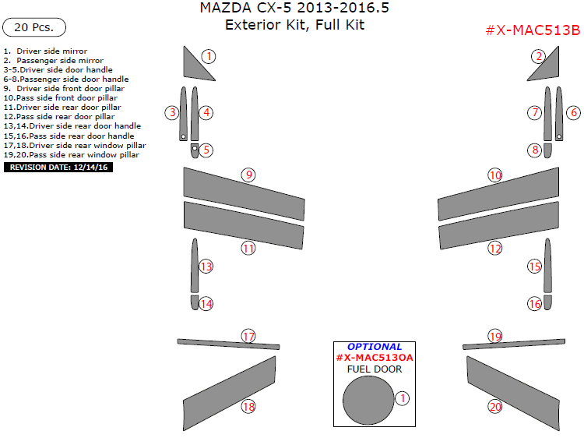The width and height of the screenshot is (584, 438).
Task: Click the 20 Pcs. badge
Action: (34, 27)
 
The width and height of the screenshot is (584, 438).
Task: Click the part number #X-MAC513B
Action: (532, 30)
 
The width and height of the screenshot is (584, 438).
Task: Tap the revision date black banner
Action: (59, 167)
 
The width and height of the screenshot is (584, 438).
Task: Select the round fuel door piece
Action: (368, 399)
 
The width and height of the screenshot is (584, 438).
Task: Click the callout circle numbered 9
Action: (248, 175)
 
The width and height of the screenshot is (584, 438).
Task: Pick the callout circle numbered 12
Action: (495, 249)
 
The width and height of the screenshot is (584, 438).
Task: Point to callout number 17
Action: (248, 337)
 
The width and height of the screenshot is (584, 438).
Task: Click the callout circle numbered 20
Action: (495, 406)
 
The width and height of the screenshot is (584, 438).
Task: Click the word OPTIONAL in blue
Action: (375, 347)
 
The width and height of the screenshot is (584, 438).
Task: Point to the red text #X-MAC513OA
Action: (375, 358)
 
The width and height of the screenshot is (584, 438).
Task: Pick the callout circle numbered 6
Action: (573, 112)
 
